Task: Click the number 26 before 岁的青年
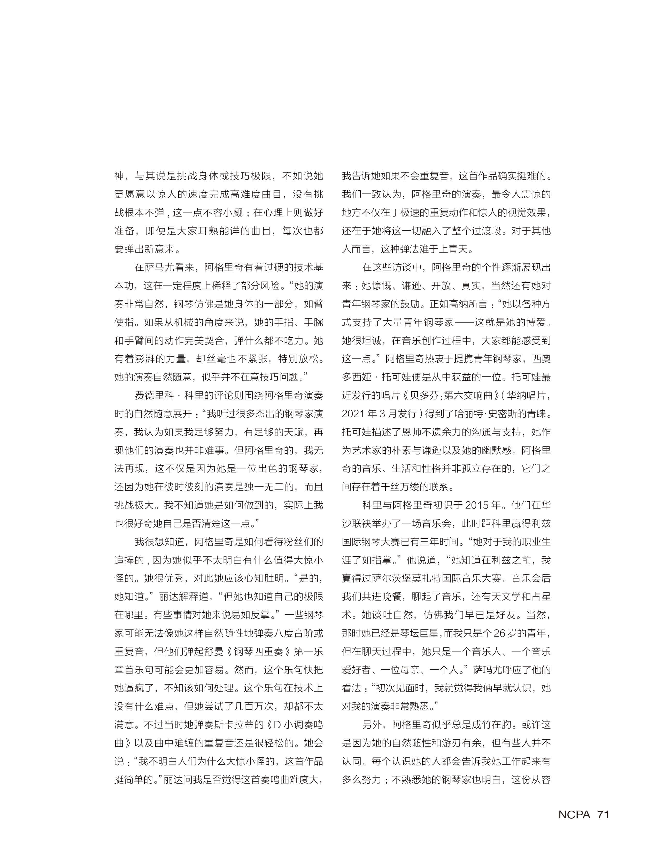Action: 499,633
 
